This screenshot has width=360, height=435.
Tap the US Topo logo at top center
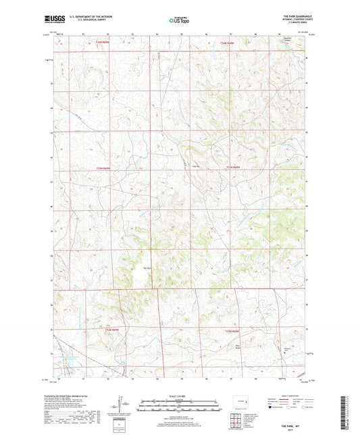click(x=180, y=20)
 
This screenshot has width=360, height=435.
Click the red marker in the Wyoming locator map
click(x=241, y=403)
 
